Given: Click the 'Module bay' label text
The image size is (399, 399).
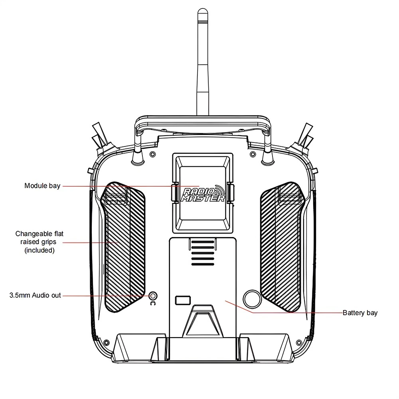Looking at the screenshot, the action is [42, 186].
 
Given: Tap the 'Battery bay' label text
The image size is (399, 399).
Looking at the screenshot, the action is [360, 313].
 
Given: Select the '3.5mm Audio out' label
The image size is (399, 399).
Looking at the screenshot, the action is [35, 295].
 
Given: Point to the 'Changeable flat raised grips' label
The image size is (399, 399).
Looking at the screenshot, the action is [40, 242].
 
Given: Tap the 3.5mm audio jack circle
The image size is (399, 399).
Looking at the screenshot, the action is [153, 296].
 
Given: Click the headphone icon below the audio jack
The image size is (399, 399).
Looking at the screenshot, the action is [153, 303].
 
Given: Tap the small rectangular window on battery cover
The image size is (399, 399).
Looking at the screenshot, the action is [183, 300].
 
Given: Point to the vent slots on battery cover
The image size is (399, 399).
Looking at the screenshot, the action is [203, 253].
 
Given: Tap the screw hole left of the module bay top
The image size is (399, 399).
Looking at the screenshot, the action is [152, 154].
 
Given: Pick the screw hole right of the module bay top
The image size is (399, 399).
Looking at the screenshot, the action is [253, 154].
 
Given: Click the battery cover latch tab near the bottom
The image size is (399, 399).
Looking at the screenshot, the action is [203, 321].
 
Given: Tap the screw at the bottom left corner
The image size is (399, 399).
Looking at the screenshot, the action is [107, 342].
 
